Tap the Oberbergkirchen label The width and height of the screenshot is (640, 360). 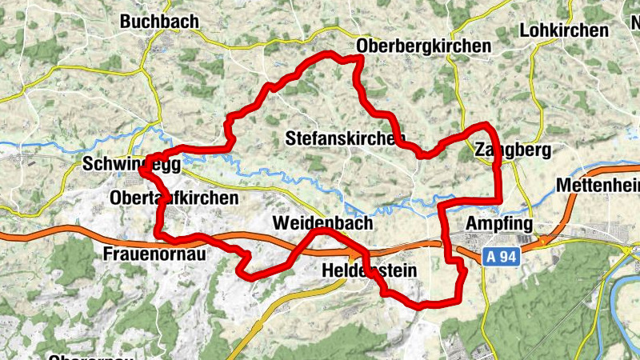pyautogui.click(x=424, y=46)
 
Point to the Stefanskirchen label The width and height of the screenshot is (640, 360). pyautogui.click(x=346, y=138)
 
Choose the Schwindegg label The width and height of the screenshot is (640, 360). pyautogui.click(x=131, y=164)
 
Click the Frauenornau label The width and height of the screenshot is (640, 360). pyautogui.click(x=155, y=254)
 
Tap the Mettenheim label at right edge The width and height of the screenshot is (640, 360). pyautogui.click(x=598, y=186)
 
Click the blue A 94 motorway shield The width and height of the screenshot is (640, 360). pyautogui.click(x=503, y=256)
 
